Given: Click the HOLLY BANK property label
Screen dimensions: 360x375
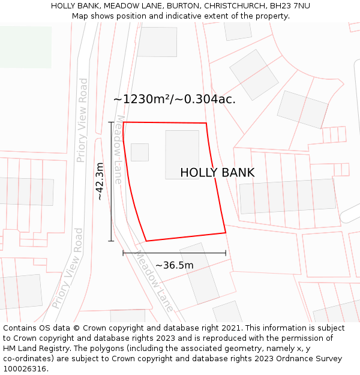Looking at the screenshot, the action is [217, 173].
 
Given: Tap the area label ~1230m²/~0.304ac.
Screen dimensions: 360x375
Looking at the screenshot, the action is [174, 100].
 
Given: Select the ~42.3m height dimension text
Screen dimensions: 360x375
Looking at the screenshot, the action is [100, 181].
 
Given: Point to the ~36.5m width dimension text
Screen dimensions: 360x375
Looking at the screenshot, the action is [175, 265].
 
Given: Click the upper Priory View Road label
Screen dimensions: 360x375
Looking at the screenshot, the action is [82, 120].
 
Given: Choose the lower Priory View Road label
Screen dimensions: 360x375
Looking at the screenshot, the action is [68, 268].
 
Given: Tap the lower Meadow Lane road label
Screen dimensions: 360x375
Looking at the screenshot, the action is [154, 281].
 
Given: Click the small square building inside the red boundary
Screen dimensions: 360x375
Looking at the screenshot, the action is [140, 152].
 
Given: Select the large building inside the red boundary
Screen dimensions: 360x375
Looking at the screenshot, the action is [182, 155].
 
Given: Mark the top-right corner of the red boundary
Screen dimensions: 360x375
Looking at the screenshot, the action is [206, 124].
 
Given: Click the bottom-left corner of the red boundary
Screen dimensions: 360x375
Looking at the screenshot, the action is [146, 241].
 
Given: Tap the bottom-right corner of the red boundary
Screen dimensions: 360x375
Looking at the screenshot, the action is [226, 232].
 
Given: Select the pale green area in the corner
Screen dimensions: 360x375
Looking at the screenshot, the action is [25, 47].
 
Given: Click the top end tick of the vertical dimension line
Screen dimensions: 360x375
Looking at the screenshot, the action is [111, 122].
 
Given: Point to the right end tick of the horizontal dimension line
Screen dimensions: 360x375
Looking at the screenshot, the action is [226, 253].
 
